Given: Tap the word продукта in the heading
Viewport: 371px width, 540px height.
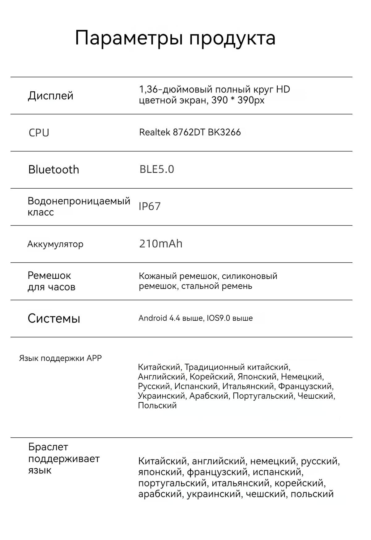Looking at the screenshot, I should tap(232, 38).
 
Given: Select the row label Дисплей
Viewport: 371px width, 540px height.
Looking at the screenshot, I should tap(51, 96).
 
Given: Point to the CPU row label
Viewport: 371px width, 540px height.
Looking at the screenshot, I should tap(39, 133).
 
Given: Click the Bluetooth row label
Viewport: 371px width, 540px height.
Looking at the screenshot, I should tap(53, 169).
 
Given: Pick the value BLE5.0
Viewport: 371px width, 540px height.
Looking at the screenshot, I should tap(157, 169).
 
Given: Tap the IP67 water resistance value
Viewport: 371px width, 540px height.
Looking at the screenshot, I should tap(150, 206).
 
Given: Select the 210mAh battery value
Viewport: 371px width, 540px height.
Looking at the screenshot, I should tap(161, 244).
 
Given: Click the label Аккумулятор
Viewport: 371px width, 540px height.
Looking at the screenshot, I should tap(55, 244).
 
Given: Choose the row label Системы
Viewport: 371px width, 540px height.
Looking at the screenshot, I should tap(54, 318).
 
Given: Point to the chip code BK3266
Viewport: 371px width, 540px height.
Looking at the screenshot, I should tap(224, 132).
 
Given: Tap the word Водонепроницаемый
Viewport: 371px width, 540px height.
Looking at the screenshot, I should tap(79, 201).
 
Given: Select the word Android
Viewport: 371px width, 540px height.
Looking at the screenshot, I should tap(153, 318).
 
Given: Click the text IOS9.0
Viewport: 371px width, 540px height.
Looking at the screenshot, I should tap(219, 318).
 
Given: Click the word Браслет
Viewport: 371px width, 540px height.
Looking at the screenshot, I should tap(48, 447).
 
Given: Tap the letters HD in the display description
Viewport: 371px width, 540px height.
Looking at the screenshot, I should tap(283, 89).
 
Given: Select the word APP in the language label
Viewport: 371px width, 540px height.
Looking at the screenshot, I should tap(94, 358).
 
